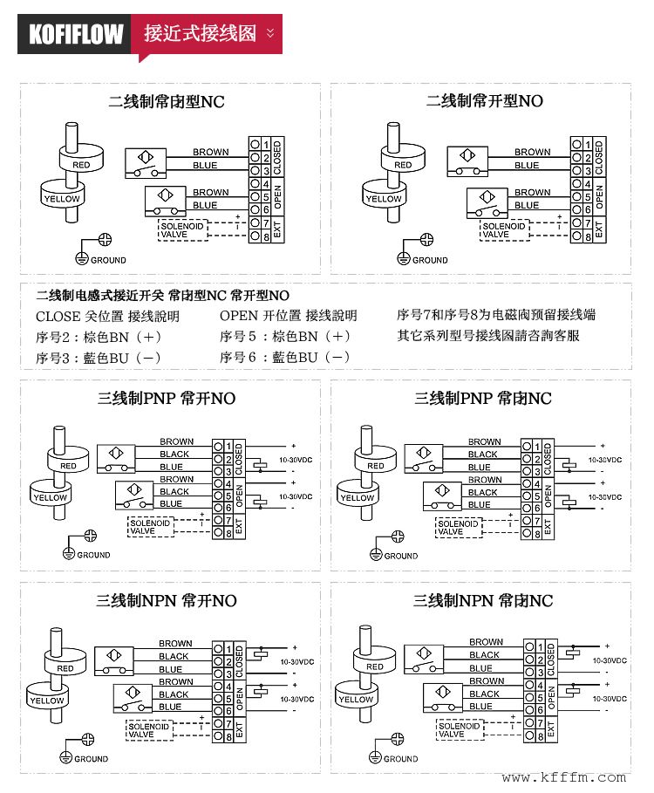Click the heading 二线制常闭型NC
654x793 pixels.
[x=166, y=102]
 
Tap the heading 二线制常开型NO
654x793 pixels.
[x=484, y=101]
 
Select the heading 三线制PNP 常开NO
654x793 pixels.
[x=166, y=399]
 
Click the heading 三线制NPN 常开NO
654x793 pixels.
[x=166, y=601]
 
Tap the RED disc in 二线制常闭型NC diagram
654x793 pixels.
[x=81, y=164]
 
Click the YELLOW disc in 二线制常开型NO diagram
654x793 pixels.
[x=384, y=199]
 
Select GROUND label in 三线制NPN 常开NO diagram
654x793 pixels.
[x=91, y=759]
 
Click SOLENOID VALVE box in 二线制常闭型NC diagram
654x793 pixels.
[x=183, y=230]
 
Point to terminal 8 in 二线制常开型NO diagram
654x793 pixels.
[x=589, y=236]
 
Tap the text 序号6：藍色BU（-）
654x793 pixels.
[x=285, y=358]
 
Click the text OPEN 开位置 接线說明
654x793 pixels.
[x=288, y=316]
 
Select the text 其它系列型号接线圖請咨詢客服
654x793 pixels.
[x=488, y=336]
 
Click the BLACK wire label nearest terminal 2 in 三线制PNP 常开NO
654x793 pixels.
[x=174, y=454]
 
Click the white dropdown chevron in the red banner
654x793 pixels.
[x=270, y=33]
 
